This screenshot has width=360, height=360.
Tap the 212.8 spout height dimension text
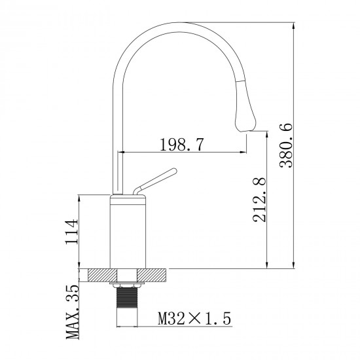259,199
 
